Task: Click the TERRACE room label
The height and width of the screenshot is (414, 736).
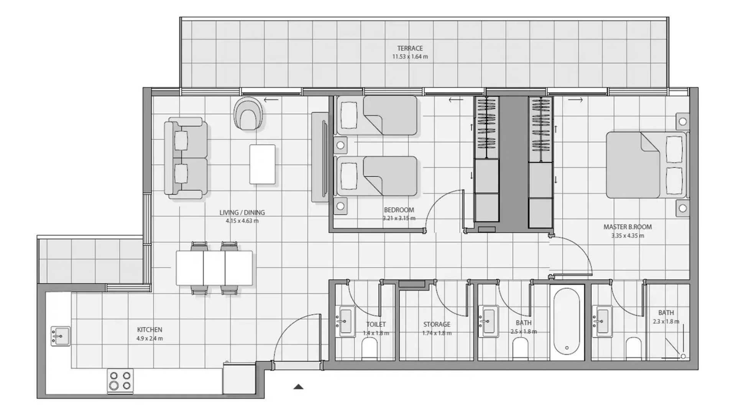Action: coord(410,48)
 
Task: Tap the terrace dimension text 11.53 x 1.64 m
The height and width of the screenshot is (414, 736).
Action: coord(410,57)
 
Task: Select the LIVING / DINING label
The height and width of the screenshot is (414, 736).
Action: coord(242,212)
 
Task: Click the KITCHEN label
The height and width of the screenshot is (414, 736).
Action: coord(149,330)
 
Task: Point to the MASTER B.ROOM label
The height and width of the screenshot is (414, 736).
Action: coord(628,227)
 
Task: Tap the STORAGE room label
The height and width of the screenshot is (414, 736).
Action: coord(437,324)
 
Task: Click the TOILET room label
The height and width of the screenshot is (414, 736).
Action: coord(376,324)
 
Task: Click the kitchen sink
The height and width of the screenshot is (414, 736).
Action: coord(61,336)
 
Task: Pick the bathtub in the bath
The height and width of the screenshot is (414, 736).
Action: coord(567,322)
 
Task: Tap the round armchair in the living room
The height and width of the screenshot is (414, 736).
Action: coord(249,113)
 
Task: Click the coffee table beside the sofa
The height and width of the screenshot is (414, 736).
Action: coord(262,164)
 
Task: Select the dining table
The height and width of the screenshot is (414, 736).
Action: coord(214,268)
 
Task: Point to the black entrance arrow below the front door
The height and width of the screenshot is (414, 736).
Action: coord(298,387)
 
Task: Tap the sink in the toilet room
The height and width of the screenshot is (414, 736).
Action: coord(345,322)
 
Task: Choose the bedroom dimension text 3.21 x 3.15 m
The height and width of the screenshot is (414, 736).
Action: coord(399,219)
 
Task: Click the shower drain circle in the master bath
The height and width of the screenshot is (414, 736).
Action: coord(683,356)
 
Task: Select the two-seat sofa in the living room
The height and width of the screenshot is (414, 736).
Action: coord(186,158)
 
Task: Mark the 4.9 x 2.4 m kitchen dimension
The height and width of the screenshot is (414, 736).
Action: coord(149,338)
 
